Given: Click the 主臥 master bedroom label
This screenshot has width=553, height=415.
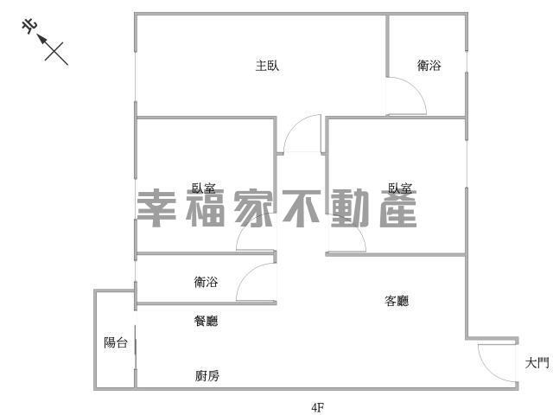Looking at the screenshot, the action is click(267, 66).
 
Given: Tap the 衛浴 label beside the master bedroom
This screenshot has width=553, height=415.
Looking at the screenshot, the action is click(429, 66).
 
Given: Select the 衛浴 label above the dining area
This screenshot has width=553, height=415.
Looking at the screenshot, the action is click(206, 282).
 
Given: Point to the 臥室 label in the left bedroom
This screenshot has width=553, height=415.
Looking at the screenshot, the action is click(204, 188).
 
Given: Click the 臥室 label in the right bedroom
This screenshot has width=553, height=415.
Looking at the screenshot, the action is click(400, 188).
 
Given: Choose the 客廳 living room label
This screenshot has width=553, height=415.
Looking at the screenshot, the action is click(396, 301).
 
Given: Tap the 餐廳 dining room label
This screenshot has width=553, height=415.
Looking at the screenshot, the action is click(206, 321).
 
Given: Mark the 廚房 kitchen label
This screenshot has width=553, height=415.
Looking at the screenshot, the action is click(207, 375).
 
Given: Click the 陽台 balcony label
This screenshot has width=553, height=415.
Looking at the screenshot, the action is click(116, 342).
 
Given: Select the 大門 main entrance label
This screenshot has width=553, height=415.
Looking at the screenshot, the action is click(537, 363).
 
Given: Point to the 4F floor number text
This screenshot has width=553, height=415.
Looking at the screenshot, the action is click(318, 406).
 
